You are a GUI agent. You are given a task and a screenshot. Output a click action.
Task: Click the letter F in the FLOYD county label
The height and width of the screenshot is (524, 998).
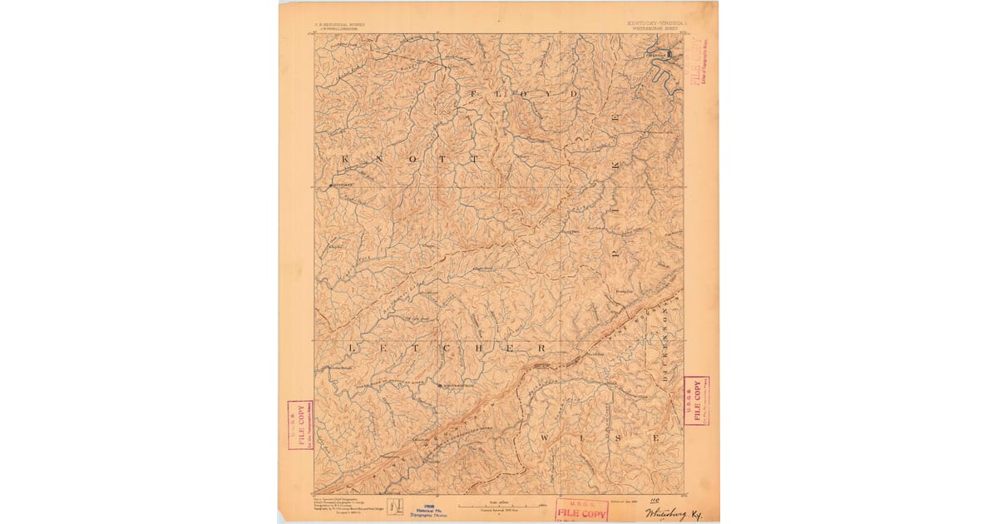(x=474, y=94)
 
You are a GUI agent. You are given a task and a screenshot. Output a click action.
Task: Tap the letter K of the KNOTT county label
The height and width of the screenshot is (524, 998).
(x=346, y=157)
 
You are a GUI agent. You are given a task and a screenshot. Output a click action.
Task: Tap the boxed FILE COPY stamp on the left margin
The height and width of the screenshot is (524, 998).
(x=299, y=425)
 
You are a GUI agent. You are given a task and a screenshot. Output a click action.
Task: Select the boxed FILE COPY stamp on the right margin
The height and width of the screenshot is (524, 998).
(x=696, y=401)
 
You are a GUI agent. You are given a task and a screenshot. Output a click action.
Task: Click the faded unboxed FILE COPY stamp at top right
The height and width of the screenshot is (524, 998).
(x=698, y=70)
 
